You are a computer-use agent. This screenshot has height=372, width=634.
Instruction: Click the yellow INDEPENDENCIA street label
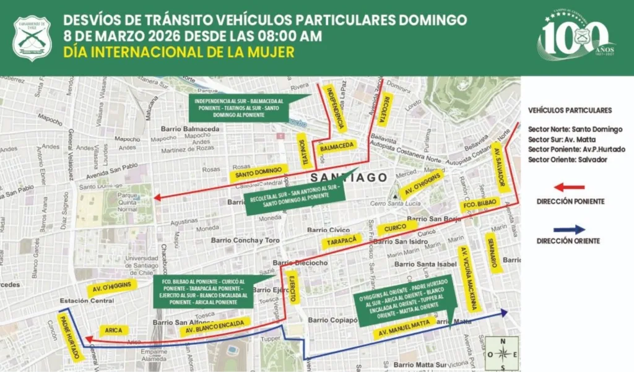tap(334, 108)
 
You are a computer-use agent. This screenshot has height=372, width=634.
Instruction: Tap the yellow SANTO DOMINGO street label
tap(260, 172)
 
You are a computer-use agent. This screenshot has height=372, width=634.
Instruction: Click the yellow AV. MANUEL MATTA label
tap(401, 329)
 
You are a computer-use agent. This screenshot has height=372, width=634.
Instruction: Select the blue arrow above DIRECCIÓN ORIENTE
tap(569, 228)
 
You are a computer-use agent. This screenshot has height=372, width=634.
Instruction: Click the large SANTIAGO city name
tap(340, 178)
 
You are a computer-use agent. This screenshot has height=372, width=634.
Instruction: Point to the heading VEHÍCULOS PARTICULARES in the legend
tap(570, 110)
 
